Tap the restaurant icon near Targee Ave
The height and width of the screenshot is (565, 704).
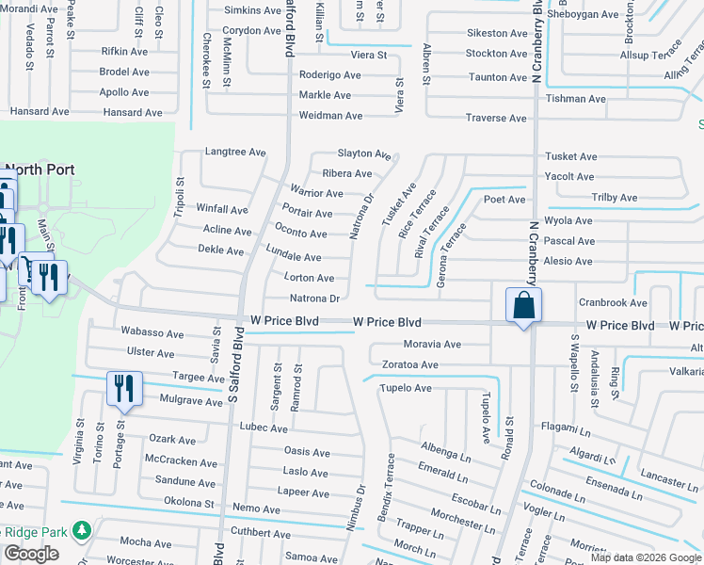[x=124, y=389]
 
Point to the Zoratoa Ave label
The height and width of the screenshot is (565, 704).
[x=409, y=364]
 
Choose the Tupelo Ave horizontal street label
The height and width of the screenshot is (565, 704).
[x=405, y=388]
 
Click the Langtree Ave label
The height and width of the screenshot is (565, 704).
[x=235, y=152]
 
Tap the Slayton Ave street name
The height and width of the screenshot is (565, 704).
[x=364, y=153]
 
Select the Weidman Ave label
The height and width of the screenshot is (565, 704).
[x=330, y=116]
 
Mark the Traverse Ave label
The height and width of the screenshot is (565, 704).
[x=496, y=119]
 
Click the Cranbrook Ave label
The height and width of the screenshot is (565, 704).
[x=613, y=303]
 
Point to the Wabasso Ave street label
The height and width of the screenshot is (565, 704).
[x=152, y=332]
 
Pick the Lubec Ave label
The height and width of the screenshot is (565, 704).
[x=264, y=428]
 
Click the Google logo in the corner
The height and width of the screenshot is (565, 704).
[x=31, y=554]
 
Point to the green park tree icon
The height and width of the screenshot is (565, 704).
[x=82, y=531]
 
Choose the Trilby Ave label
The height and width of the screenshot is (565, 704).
[x=614, y=198]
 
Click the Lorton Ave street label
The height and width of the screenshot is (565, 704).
[x=310, y=279]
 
